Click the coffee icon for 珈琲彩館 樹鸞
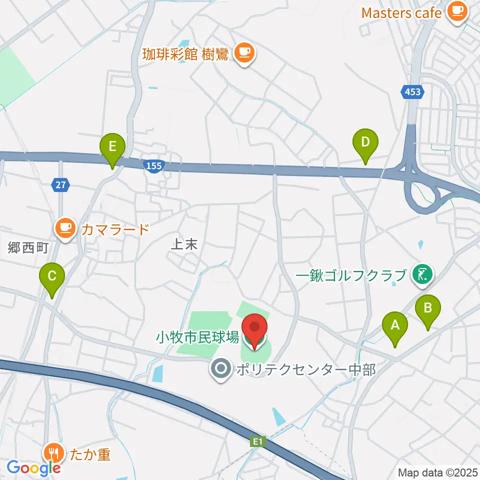pos(243,51)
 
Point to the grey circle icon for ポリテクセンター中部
pos(219,369)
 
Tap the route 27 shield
pos(60,185)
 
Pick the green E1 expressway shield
pos(257,441)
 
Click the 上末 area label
pos(178,244)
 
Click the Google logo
pos(33,468)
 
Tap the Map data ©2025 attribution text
pos(437,472)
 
